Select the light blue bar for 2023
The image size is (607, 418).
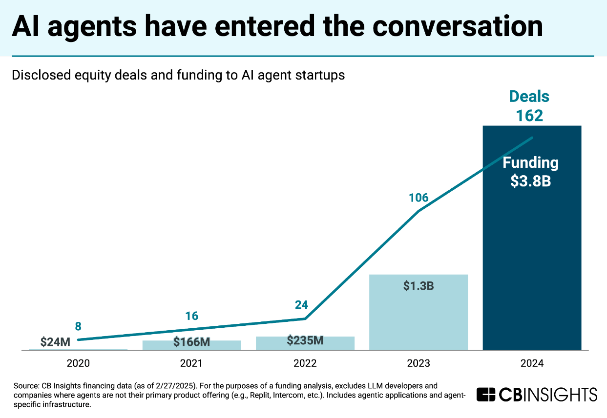(419, 317)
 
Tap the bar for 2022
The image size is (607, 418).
(305, 344)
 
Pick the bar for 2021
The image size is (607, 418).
(192, 345)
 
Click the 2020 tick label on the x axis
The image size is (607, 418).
(78, 363)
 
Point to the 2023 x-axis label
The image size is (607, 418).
(419, 363)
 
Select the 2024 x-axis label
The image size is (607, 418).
(532, 363)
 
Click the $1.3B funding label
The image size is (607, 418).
(419, 286)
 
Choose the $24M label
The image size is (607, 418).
(55, 342)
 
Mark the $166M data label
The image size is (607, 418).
(191, 342)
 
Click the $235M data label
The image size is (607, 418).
(305, 340)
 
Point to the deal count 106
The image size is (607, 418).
(419, 198)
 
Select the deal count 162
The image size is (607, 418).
(529, 116)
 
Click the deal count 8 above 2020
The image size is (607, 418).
(78, 325)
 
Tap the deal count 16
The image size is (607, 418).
(192, 316)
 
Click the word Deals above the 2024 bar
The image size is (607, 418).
(529, 97)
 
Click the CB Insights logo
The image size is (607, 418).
(537, 394)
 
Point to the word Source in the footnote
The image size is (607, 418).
(25, 386)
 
